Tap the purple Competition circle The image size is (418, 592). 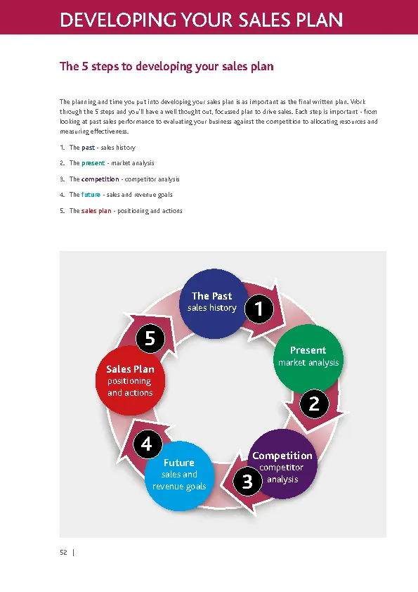click(x=282, y=464)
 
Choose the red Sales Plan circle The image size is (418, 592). click(x=130, y=380)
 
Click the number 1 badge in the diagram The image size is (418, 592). click(x=259, y=308)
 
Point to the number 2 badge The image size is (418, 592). click(x=314, y=404)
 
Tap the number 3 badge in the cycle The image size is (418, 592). click(x=247, y=482)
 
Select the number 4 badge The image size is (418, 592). click(x=146, y=444)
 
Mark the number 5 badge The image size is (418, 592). click(x=150, y=339)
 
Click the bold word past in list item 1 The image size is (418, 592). click(x=88, y=148)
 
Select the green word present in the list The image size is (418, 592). click(x=93, y=163)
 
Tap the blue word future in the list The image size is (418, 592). click(x=91, y=195)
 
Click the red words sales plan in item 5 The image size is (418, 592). click(x=96, y=211)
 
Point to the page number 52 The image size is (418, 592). click(x=63, y=553)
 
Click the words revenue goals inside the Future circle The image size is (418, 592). click(x=179, y=487)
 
